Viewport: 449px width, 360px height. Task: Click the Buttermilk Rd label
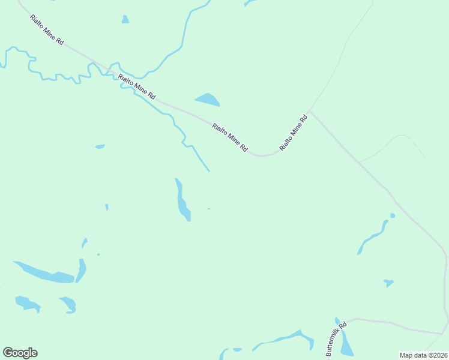point(336,337)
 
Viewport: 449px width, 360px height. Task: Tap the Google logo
point(20,353)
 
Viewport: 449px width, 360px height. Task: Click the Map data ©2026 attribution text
point(423,355)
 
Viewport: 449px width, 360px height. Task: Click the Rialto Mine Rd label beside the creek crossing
point(137,86)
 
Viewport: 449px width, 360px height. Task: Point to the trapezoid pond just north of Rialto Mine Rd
point(208,100)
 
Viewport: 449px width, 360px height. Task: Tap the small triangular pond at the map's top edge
point(125,20)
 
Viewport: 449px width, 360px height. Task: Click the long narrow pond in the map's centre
point(181,201)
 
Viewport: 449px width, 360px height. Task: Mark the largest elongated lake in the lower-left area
point(43,272)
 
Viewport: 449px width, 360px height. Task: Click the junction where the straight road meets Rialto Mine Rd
point(310,112)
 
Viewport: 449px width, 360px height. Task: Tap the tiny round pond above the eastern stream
point(392,215)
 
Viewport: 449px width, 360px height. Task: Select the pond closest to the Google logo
point(27,303)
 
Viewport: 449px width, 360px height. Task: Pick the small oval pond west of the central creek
point(100,146)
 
